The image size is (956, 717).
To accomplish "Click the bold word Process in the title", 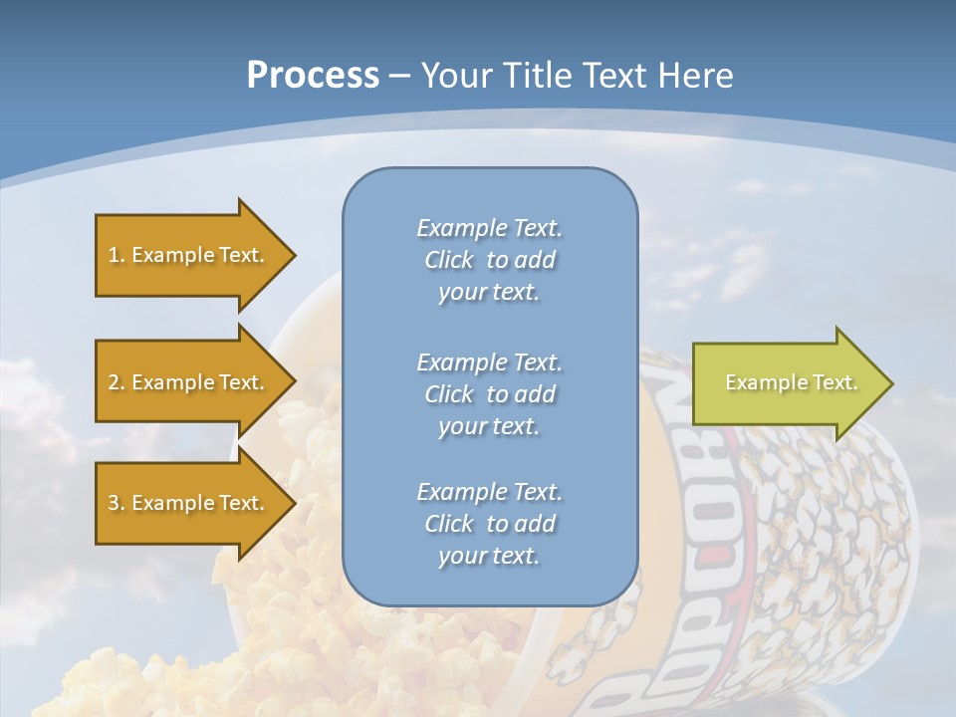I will coord(313,76).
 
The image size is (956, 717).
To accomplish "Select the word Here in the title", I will coord(696,76).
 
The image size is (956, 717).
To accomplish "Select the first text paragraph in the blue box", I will coord(489,260).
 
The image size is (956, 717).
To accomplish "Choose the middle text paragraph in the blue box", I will coord(489,394).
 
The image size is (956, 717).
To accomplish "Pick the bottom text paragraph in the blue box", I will coord(489,524).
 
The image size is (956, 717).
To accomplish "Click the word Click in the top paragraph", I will coord(449,260).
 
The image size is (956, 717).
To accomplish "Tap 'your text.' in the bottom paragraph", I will coord(489,556).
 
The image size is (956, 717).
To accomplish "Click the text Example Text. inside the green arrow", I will coord(791,382).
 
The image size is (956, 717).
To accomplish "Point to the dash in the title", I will coord(400,77).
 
